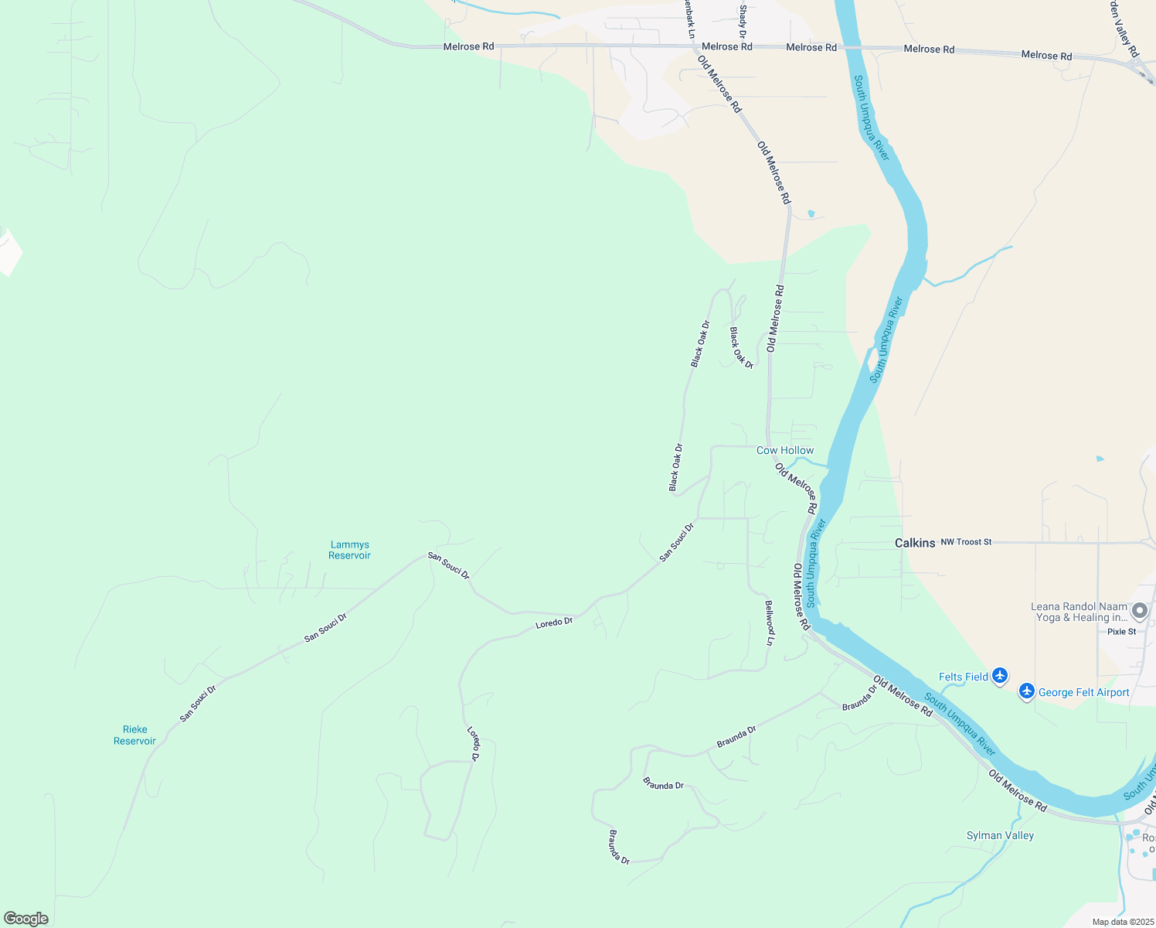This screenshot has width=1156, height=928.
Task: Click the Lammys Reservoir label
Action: [349, 550]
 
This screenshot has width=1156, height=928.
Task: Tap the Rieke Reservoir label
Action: [134, 735]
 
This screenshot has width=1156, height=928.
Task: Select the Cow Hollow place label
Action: [784, 450]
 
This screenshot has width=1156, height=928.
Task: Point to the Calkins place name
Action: [915, 543]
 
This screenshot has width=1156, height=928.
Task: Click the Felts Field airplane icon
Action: [1000, 676]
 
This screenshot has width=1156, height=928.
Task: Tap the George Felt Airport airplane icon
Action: [1026, 691]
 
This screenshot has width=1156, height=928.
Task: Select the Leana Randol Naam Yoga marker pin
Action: [1139, 612]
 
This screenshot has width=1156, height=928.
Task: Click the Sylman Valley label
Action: [1000, 835]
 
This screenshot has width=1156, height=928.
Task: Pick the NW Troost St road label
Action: [966, 542]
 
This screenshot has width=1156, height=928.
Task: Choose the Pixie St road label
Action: [1121, 632]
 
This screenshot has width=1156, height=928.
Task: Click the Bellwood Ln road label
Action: [769, 623]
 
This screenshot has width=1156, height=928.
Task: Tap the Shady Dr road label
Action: [743, 21]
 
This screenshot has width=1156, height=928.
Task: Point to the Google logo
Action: [26, 919]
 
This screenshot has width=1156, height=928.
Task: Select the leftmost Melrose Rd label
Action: [468, 46]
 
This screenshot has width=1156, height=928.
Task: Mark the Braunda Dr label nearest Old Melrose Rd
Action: [860, 697]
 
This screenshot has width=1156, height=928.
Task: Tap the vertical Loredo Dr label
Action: [474, 743]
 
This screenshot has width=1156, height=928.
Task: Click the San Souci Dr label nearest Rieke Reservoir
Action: [198, 704]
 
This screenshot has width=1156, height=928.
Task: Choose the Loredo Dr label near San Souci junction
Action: [554, 623]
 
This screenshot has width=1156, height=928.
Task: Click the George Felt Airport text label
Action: [1083, 692]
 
